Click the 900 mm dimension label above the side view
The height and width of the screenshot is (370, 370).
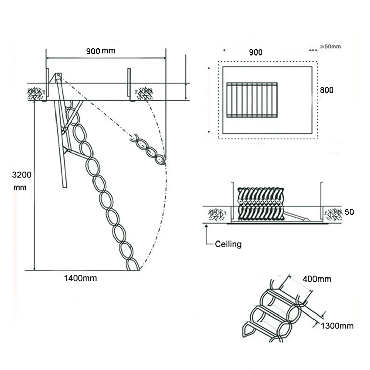click(x=101, y=51)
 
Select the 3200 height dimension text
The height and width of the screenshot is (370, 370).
click(x=22, y=175)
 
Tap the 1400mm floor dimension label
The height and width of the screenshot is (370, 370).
click(x=80, y=278)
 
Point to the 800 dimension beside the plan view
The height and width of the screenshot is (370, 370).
click(x=327, y=90)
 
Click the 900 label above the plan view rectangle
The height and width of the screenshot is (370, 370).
click(x=256, y=52)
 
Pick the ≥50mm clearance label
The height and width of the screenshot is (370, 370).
click(x=330, y=46)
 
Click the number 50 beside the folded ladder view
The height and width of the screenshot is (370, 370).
click(x=349, y=212)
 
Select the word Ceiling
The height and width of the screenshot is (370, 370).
click(x=228, y=244)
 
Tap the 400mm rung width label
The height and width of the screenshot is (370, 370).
click(x=317, y=279)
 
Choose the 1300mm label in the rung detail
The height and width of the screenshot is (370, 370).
click(x=337, y=326)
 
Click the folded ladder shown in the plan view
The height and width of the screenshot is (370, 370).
click(x=252, y=100)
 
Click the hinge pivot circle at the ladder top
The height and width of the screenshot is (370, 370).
click(x=59, y=75)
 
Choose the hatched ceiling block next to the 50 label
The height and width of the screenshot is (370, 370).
click(x=333, y=214)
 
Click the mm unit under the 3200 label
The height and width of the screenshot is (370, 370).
click(x=20, y=188)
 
